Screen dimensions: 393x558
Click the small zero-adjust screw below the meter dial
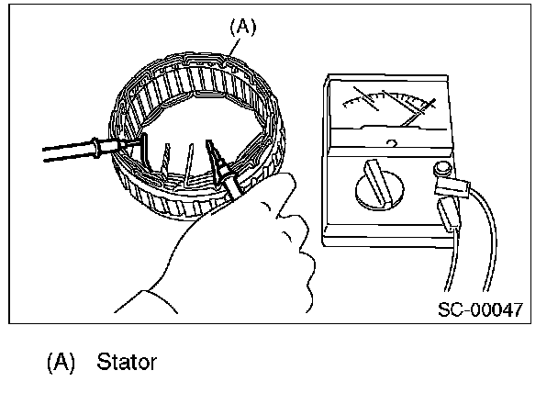[x=392, y=142]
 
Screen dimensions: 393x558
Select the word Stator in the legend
[x=126, y=362]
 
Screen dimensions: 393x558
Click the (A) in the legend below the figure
[x=61, y=362]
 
